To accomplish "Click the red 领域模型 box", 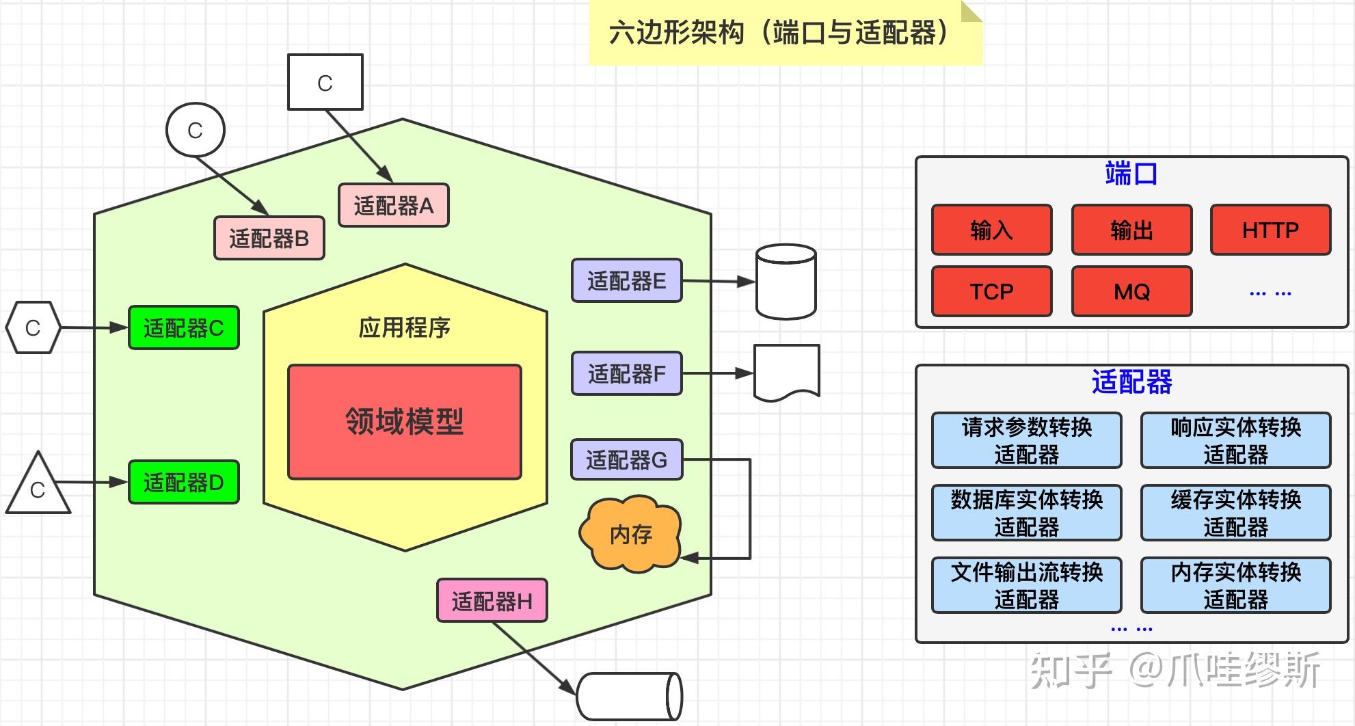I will pyautogui.click(x=405, y=422).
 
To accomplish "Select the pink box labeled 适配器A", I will pyautogui.click(x=394, y=205).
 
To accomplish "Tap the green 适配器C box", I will pyautogui.click(x=184, y=327).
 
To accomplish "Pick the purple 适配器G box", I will pyautogui.click(x=626, y=459).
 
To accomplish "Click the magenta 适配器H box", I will pyautogui.click(x=492, y=601).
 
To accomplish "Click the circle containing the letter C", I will pyautogui.click(x=196, y=130).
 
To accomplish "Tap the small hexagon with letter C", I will pyautogui.click(x=33, y=327).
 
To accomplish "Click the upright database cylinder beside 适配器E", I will pyautogui.click(x=786, y=282).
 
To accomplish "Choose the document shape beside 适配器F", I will pyautogui.click(x=786, y=371).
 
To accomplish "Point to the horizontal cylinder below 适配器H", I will pyautogui.click(x=630, y=697).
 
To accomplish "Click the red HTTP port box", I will pyautogui.click(x=1270, y=230).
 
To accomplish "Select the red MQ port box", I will pyautogui.click(x=1131, y=291).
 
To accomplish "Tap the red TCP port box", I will pyautogui.click(x=991, y=291).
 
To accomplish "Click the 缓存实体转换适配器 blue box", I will pyautogui.click(x=1235, y=513).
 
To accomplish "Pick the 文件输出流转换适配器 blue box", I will pyautogui.click(x=1026, y=585).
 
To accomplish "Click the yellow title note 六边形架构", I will pyautogui.click(x=785, y=33).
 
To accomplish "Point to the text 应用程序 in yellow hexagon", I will pyautogui.click(x=405, y=327).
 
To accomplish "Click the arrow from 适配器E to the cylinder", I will pyautogui.click(x=718, y=281).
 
